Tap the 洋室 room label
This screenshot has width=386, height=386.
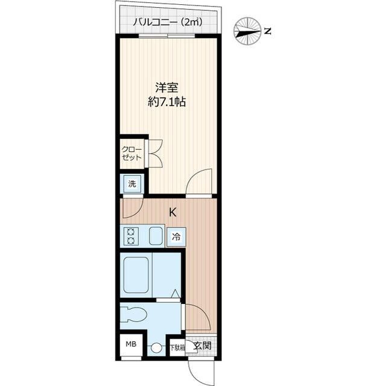(167, 86)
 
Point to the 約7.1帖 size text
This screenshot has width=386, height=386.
(167, 102)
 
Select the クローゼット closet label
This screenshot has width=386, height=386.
(131, 153)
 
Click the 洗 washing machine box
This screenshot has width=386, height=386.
(131, 185)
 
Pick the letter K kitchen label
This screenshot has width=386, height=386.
(172, 212)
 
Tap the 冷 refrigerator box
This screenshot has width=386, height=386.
(176, 236)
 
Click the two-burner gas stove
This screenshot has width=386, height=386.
(130, 236)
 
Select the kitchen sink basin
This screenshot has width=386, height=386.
(156, 236)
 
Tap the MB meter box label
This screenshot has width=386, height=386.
(131, 344)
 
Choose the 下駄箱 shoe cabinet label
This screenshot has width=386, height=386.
(176, 347)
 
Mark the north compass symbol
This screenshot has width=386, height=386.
(247, 30)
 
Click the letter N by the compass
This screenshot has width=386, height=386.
(268, 30)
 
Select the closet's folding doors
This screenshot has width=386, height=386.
(154, 153)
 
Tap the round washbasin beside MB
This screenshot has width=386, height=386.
(156, 348)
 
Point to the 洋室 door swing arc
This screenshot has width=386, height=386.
(200, 182)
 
